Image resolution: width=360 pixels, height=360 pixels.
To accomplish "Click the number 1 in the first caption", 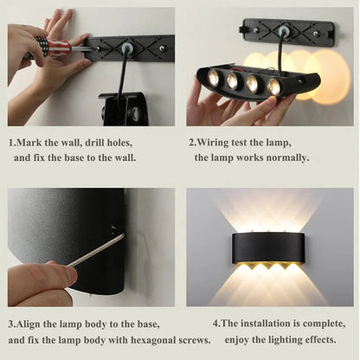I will pos(11,143).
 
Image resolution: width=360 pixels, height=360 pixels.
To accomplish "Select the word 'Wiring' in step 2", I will pos(218,143).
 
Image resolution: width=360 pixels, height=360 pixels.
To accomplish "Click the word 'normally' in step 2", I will pos(284,157).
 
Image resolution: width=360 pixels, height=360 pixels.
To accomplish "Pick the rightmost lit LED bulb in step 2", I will pos(273,86).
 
